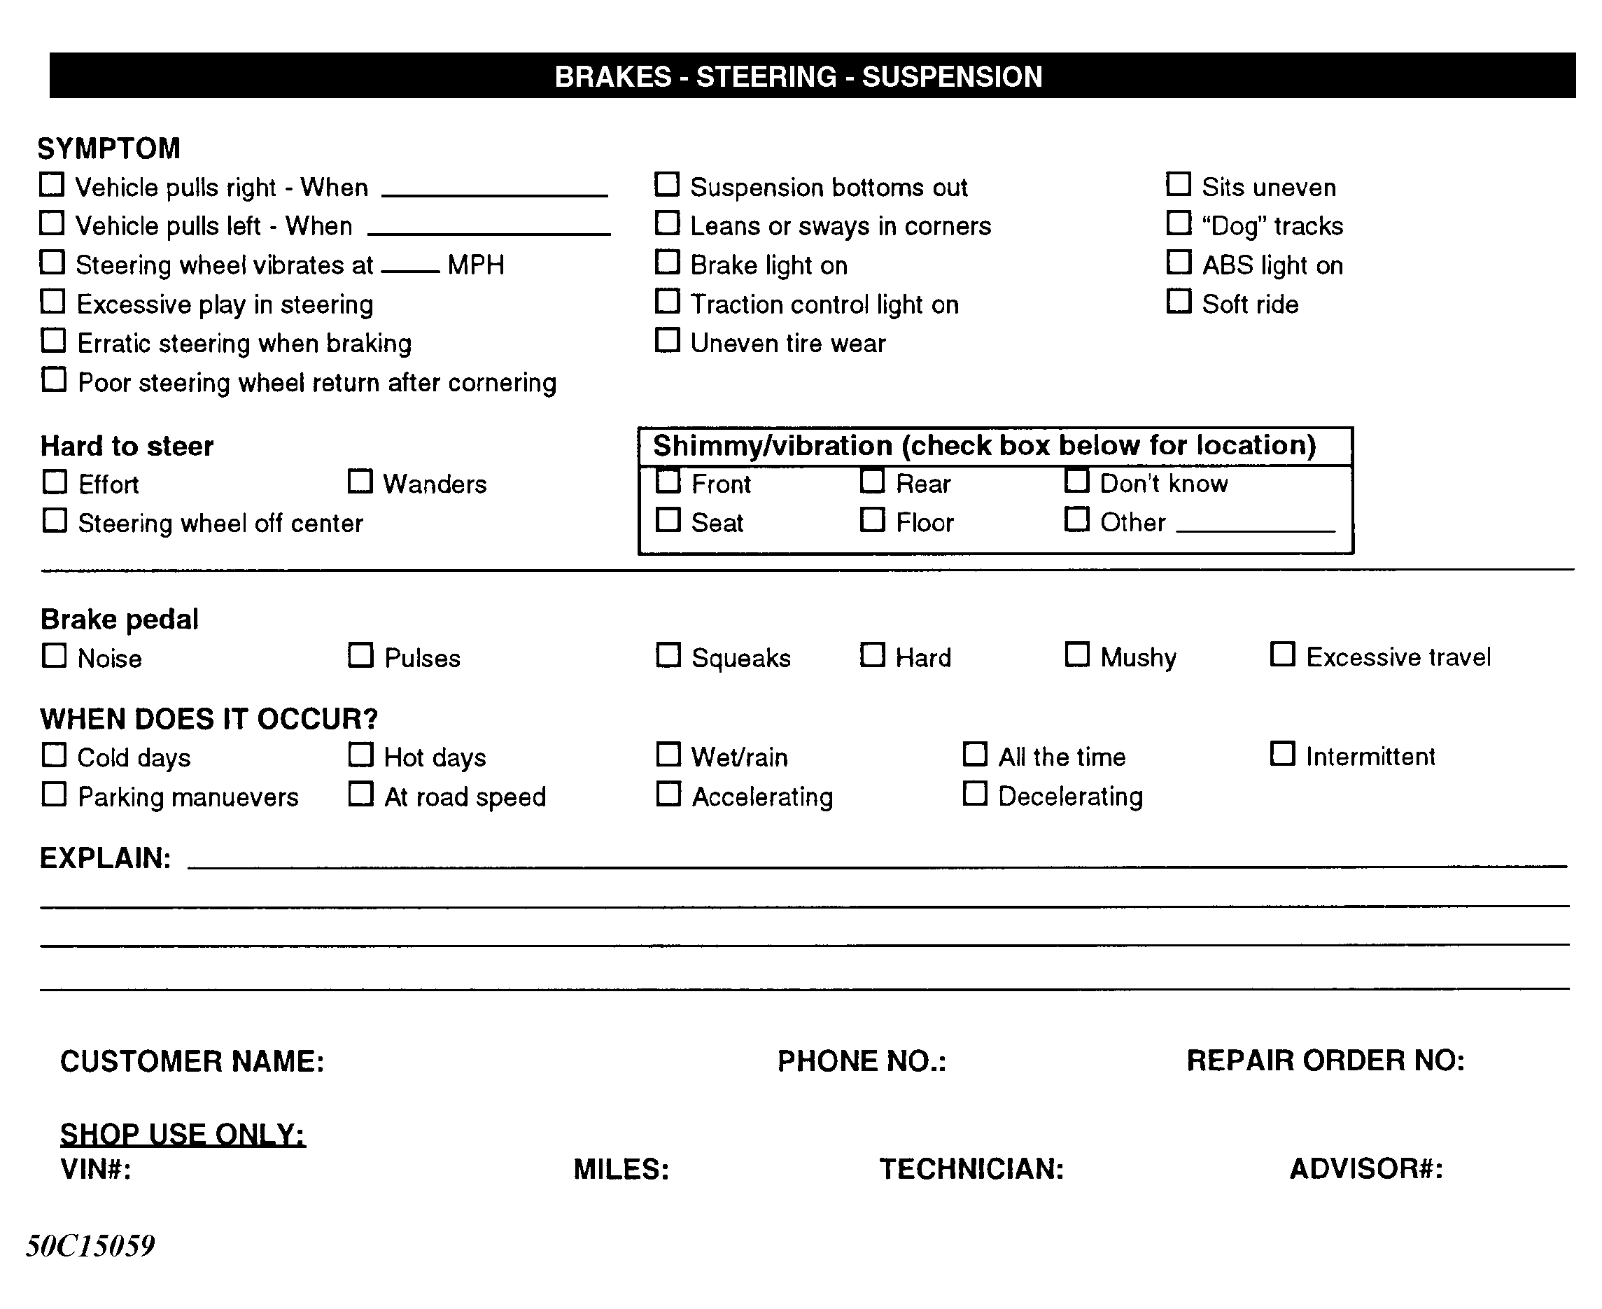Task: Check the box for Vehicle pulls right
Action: (51, 185)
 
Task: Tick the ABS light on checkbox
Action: (1179, 262)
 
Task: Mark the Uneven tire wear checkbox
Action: (667, 340)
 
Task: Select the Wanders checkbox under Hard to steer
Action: (360, 481)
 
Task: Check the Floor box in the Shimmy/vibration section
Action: (872, 519)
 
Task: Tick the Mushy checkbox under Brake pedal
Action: (1076, 654)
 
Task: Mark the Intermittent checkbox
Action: (1282, 754)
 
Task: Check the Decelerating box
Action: (975, 793)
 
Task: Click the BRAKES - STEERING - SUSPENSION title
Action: (799, 76)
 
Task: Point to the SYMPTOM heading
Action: (108, 148)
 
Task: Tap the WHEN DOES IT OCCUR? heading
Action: (209, 719)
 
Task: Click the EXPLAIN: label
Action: (105, 858)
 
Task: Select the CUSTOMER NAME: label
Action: (192, 1062)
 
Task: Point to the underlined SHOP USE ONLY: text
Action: (183, 1134)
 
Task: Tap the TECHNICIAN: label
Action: (971, 1169)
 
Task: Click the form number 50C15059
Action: (90, 1246)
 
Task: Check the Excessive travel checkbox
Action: (1282, 654)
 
